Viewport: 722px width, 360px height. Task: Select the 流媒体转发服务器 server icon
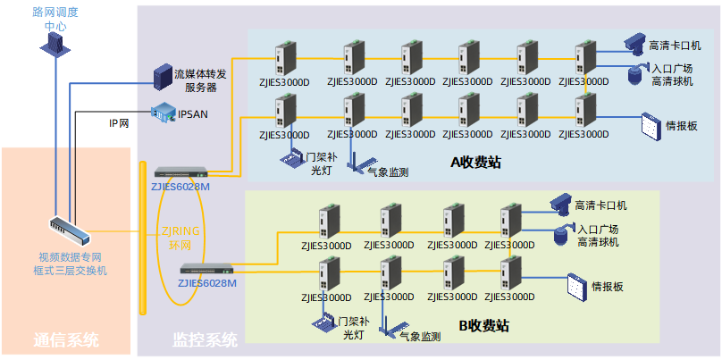coord(163,76)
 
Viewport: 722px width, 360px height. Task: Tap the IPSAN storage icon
coord(164,113)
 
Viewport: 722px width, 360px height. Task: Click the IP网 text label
coord(119,122)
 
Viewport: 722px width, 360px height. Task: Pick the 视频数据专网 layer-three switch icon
coord(70,231)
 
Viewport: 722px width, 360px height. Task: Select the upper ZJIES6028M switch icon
coord(181,172)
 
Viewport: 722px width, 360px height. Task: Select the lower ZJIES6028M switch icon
coord(206,268)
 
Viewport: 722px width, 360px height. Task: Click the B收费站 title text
coord(483,327)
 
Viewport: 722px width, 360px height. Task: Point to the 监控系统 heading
coord(205,339)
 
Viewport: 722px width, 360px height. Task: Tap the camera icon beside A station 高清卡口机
coord(634,42)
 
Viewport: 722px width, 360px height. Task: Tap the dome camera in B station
coord(562,236)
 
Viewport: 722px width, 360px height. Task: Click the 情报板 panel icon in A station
coord(650,125)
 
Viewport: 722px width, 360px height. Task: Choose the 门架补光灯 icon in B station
coord(322,322)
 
